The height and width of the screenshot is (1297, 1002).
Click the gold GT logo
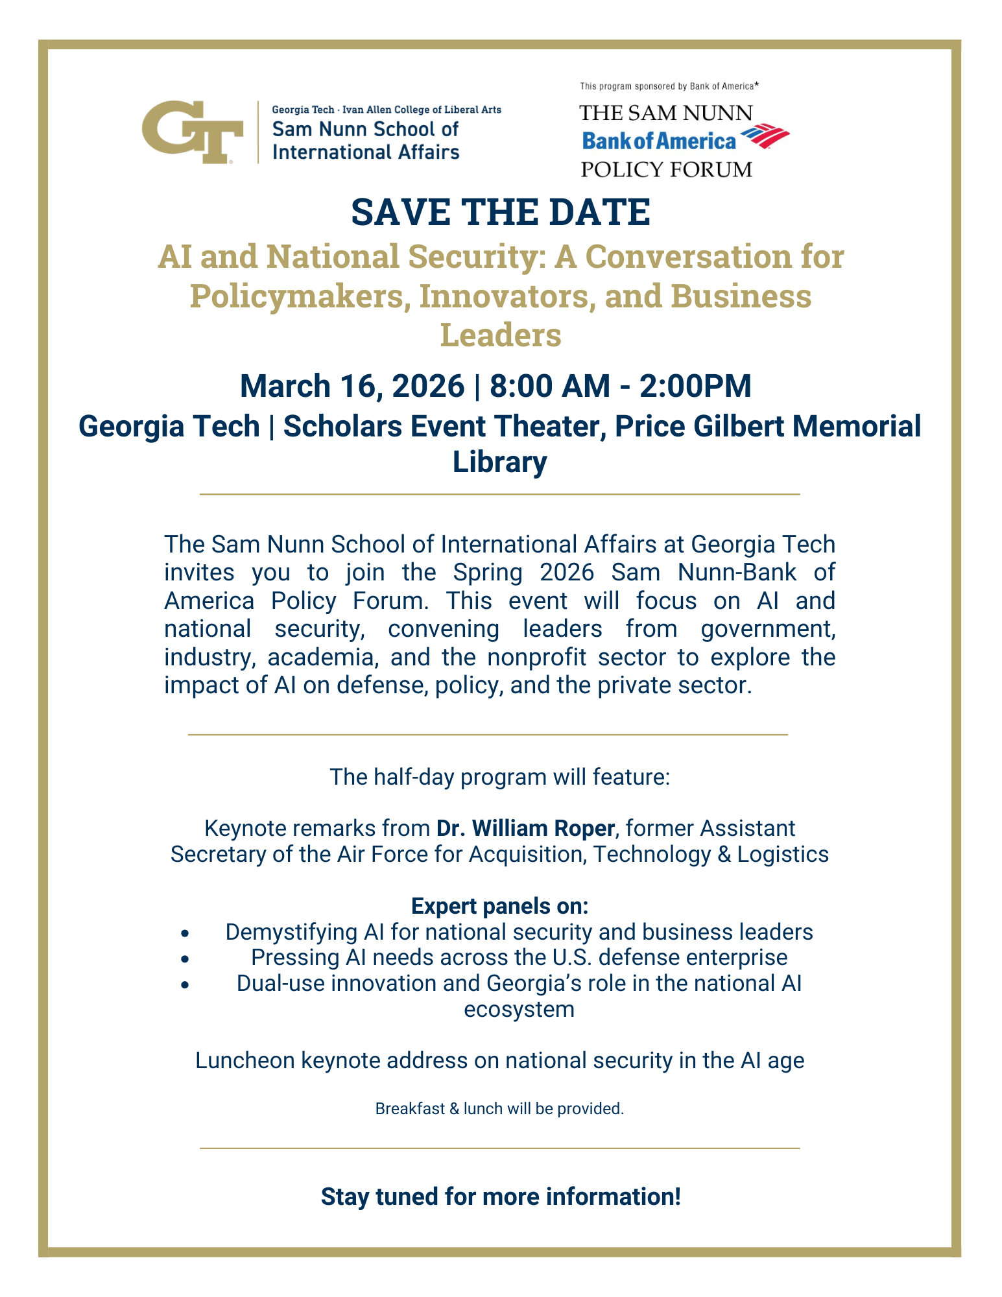(192, 132)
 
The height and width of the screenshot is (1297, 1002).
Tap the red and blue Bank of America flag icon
(765, 137)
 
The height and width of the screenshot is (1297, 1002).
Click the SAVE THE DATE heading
(500, 212)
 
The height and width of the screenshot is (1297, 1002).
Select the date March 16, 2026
(352, 386)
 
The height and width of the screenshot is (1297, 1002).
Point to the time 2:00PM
(695, 386)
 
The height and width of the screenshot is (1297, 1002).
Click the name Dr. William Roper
(525, 828)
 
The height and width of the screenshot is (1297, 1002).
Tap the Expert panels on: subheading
(500, 906)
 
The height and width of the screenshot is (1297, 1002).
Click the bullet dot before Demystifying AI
(185, 933)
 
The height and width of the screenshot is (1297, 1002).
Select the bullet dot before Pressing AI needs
(185, 958)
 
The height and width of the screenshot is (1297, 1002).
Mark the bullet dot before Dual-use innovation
(185, 984)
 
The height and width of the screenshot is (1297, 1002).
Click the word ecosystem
(519, 1010)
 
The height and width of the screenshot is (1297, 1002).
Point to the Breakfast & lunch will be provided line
(499, 1109)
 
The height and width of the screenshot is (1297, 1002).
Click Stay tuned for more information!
(501, 1196)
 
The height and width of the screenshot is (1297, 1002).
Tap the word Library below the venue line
(499, 462)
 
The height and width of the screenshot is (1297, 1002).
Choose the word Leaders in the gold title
(500, 335)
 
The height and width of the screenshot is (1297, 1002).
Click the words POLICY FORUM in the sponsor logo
(666, 170)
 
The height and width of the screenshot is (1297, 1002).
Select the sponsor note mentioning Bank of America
(669, 86)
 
